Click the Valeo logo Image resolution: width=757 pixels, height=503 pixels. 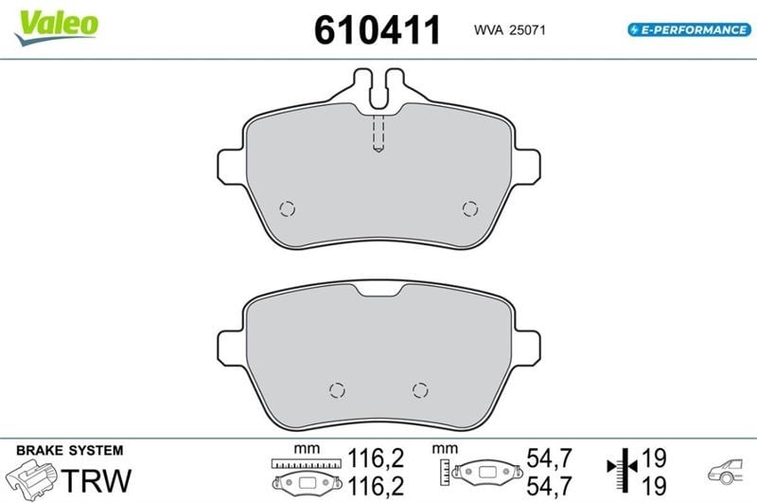pos(57,27)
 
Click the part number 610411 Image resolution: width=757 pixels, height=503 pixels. pos(377,30)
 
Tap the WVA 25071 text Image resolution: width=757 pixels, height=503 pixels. pos(509,30)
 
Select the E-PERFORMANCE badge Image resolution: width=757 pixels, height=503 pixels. pos(690,30)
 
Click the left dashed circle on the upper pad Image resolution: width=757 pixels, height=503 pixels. pos(288,208)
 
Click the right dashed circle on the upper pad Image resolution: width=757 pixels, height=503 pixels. pos(470,208)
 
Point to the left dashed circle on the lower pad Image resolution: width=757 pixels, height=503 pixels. pos(337,390)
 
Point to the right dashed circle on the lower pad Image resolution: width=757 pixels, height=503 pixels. pos(420,390)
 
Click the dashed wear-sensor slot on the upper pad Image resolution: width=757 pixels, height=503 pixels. pos(378,134)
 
